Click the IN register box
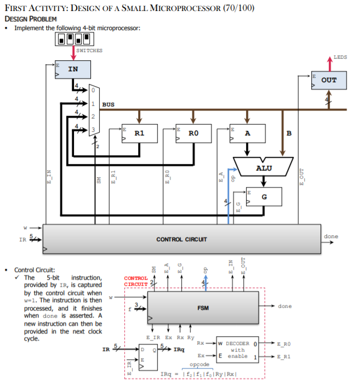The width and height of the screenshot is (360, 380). click(73, 69)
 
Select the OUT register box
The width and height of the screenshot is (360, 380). click(329, 80)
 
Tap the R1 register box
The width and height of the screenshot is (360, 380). click(139, 133)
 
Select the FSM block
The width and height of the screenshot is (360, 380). click(203, 308)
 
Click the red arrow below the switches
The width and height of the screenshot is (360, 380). click(73, 52)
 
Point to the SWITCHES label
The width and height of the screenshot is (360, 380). click(89, 50)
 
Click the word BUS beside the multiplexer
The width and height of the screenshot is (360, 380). click(109, 104)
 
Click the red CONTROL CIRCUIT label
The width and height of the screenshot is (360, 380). click(135, 281)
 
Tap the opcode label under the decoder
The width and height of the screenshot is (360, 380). click(201, 364)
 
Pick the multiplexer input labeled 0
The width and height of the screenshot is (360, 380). click(93, 90)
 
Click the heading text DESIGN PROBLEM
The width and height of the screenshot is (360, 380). click(31, 19)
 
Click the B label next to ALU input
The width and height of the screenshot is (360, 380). click(289, 133)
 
